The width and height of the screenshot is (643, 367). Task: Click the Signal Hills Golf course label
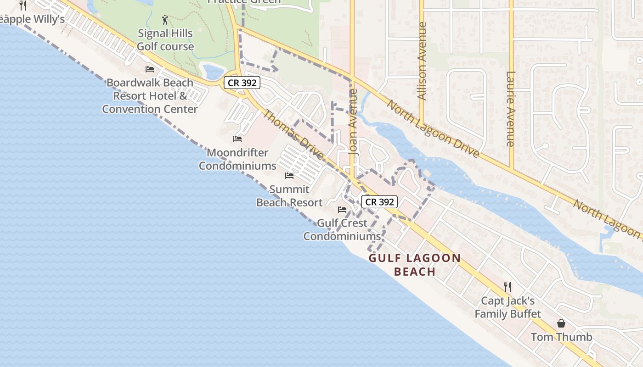point(165,40)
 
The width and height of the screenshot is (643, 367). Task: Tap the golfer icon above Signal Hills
point(165,20)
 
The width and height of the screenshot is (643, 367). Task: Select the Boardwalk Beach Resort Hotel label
point(150,96)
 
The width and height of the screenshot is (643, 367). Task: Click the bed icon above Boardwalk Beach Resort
point(150,69)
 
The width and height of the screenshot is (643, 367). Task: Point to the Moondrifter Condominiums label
point(237,159)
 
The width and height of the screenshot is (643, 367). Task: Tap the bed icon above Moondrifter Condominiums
point(237,139)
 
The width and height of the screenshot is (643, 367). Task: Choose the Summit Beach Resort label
point(289,196)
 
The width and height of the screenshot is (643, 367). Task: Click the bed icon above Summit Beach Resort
point(289,175)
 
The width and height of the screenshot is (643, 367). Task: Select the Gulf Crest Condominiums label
point(342,230)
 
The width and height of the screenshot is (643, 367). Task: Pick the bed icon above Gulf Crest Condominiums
point(342,210)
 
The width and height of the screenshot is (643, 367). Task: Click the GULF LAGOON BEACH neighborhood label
point(415,265)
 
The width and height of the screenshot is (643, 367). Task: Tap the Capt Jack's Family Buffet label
point(508,307)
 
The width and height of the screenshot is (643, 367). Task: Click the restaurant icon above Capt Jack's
point(508,287)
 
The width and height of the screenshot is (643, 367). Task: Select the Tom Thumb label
point(561,337)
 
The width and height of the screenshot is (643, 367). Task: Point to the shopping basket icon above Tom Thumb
point(561,323)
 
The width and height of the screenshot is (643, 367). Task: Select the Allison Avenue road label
point(422,61)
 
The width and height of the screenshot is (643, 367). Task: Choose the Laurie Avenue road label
point(511,109)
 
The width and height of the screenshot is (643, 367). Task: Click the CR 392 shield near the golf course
point(242,83)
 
